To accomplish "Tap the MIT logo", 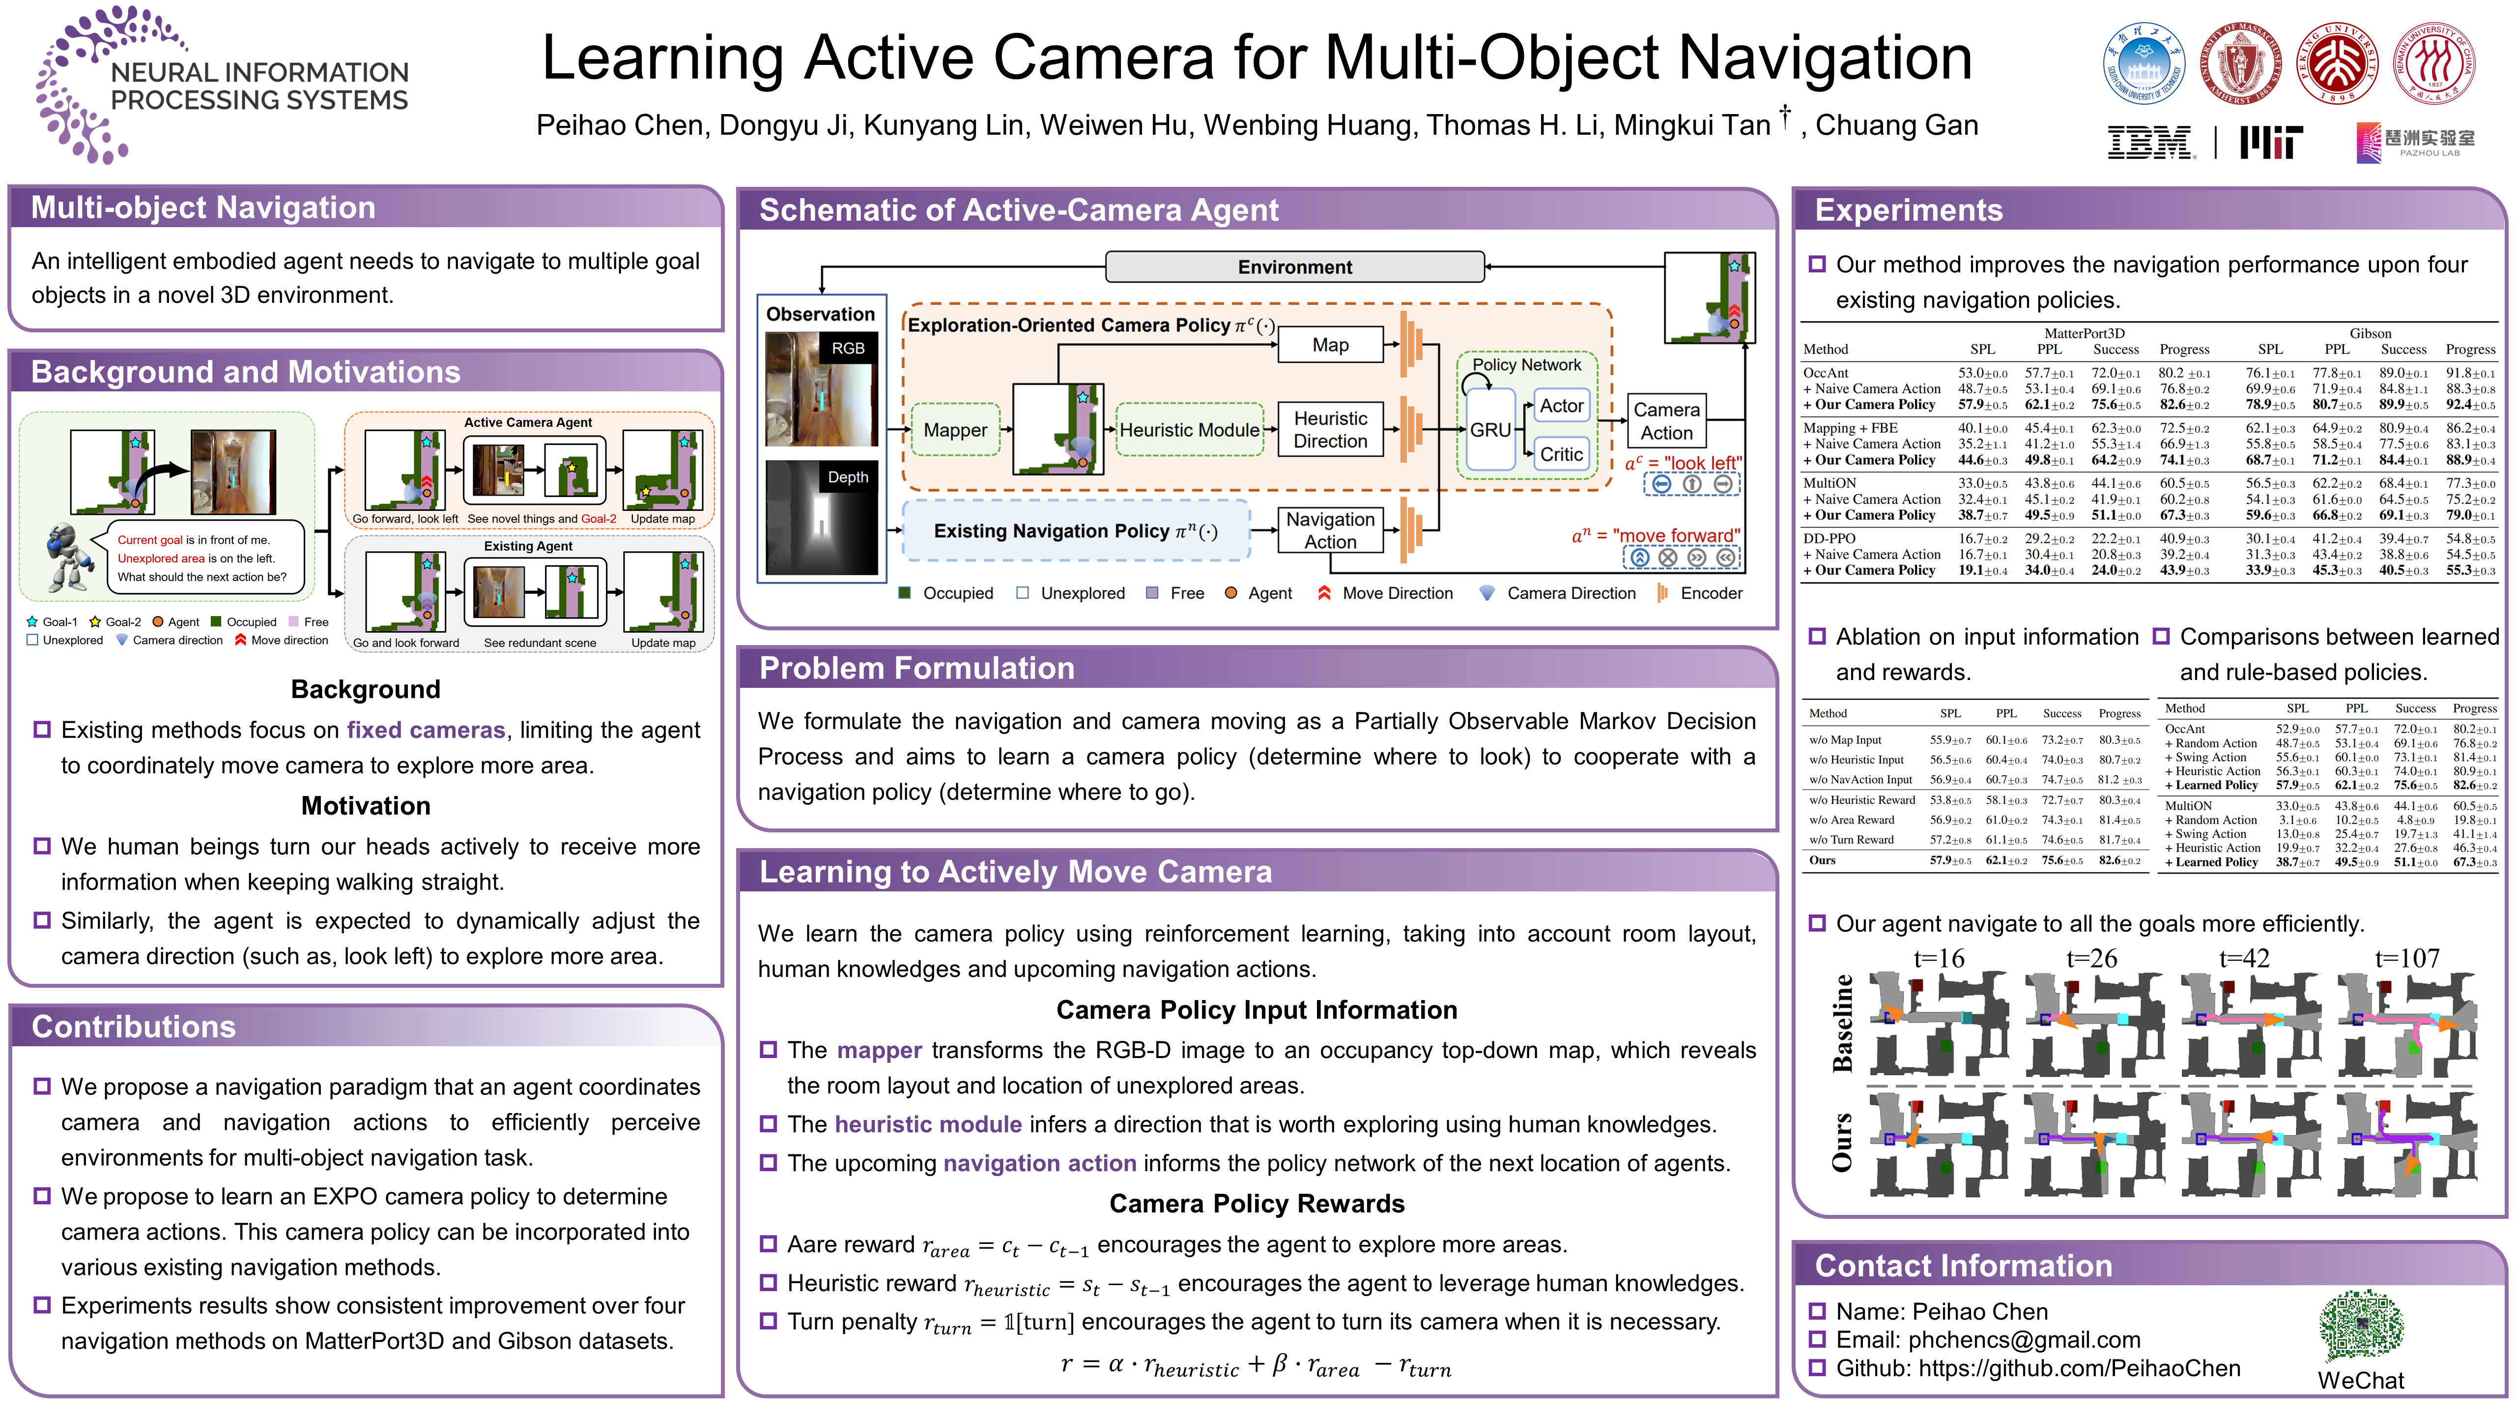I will (x=2271, y=143).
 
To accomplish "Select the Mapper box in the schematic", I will (x=955, y=430).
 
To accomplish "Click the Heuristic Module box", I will (x=1189, y=430).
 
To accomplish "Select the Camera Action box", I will (x=1666, y=421).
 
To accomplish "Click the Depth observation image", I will (x=822, y=518).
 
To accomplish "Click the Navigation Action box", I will (x=1330, y=531).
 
